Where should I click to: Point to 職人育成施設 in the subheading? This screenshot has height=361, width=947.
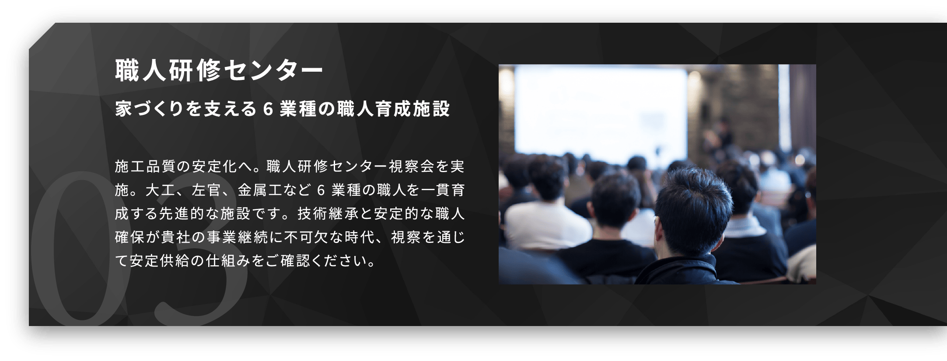[394, 109]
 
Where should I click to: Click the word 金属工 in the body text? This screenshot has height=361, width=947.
[259, 191]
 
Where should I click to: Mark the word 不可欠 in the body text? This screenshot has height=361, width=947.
[309, 238]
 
